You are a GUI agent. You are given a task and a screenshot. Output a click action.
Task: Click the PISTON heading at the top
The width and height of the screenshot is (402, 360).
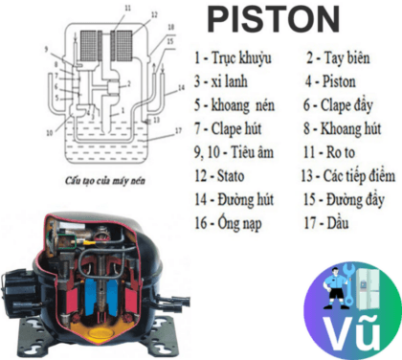[x=274, y=18]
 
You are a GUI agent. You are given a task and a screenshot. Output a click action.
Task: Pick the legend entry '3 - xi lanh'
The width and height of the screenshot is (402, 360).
[x=221, y=81]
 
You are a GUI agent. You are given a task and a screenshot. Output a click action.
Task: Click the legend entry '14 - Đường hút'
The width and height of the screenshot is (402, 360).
[x=234, y=200]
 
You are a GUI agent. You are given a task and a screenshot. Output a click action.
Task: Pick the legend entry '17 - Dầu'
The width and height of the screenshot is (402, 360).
[x=327, y=223]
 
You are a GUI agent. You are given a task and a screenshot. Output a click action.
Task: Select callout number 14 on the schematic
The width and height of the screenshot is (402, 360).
[x=179, y=88]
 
